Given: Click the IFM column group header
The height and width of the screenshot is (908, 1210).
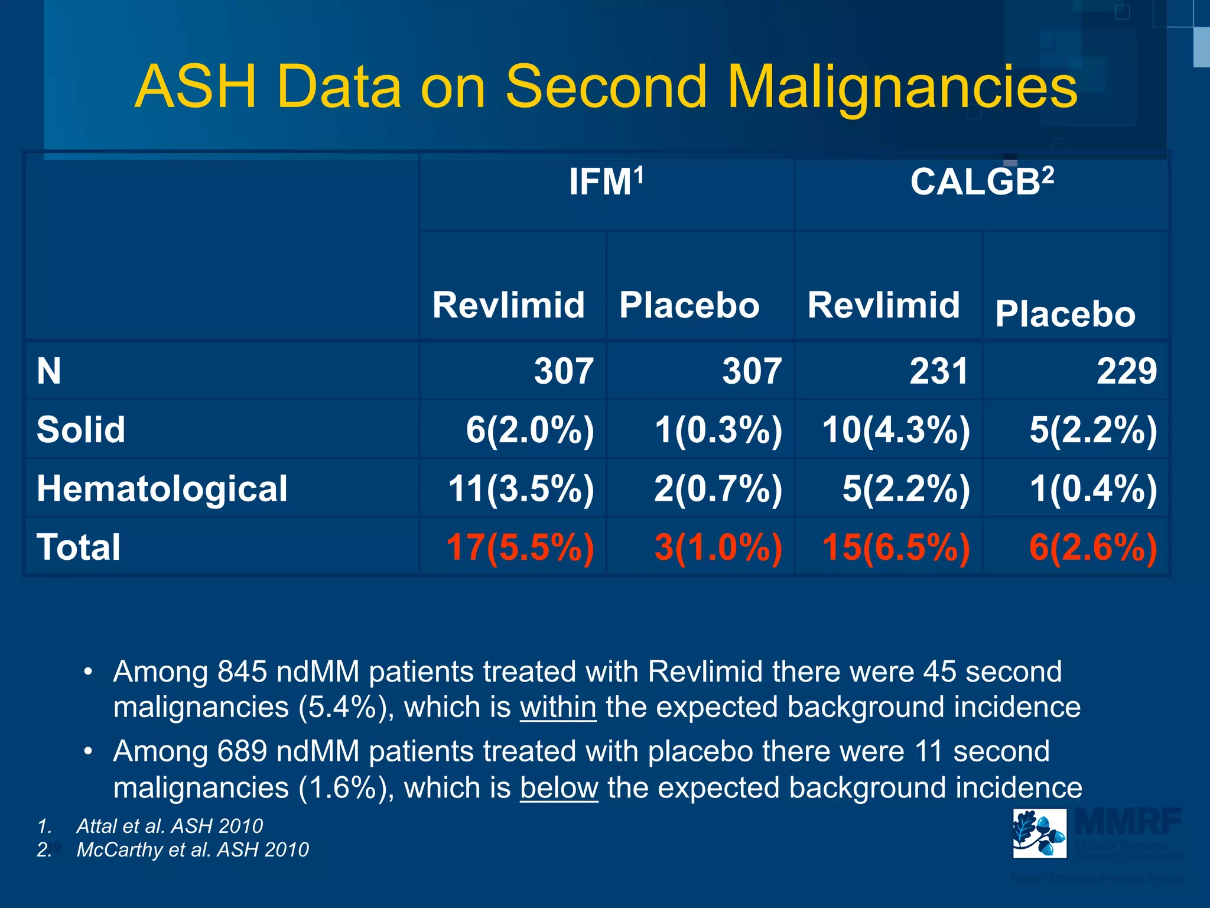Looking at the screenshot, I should click(606, 182).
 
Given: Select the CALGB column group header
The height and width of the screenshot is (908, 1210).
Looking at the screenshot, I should click(981, 182).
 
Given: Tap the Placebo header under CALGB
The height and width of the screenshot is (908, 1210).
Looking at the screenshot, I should click(1065, 314).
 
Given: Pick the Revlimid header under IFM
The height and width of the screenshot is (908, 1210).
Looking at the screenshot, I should click(508, 306).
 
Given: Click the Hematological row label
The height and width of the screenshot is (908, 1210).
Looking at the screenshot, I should click(162, 489).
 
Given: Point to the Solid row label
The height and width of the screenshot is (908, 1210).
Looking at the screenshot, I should click(81, 430).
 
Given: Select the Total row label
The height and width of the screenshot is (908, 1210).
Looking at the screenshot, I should click(79, 547).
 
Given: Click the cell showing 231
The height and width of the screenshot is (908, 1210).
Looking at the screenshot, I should click(938, 372).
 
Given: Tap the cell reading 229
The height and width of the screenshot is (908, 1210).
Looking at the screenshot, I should click(1126, 372).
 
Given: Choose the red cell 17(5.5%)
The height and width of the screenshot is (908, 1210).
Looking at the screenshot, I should click(520, 547).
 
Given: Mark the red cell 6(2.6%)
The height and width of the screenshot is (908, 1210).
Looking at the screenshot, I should click(1093, 547).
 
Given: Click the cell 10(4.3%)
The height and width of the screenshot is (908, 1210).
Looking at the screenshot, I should click(896, 430).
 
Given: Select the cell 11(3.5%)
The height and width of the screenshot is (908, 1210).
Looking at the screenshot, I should click(521, 489).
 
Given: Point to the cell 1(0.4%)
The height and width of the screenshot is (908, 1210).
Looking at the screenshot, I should click(1093, 489).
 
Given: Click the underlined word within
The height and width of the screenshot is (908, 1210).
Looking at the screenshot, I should click(558, 708).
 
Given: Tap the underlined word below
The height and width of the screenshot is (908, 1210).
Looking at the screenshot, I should click(559, 788).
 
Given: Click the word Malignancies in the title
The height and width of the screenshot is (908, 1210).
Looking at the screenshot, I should click(902, 87).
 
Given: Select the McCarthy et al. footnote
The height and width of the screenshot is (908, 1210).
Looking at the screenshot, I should click(193, 849).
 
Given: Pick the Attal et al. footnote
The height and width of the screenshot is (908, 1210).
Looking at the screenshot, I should click(170, 826).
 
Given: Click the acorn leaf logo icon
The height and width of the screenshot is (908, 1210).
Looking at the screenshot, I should click(1039, 833).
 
